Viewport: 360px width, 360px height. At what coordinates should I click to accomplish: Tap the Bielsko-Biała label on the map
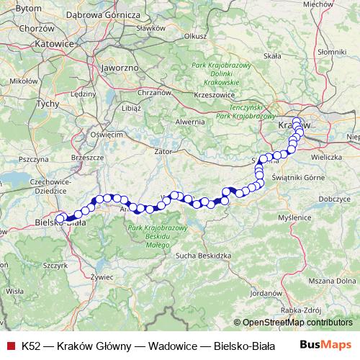click(x=61, y=223)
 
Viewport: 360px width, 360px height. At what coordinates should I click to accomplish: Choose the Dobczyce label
click(x=333, y=197)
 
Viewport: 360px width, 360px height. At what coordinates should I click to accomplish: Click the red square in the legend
click(x=9, y=345)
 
